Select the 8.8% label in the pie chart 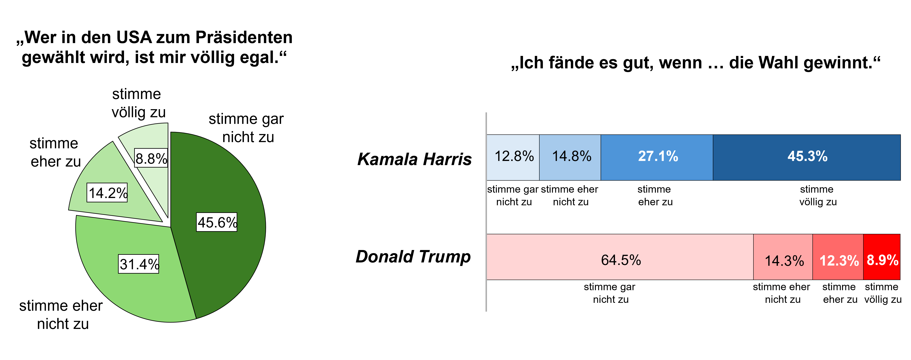point(151,158)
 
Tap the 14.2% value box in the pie point(107,193)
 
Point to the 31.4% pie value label point(139,264)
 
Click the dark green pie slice point(226,177)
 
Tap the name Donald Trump point(413,256)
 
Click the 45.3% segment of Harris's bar point(807,157)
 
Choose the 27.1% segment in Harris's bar point(657,157)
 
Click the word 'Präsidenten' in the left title point(244,37)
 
